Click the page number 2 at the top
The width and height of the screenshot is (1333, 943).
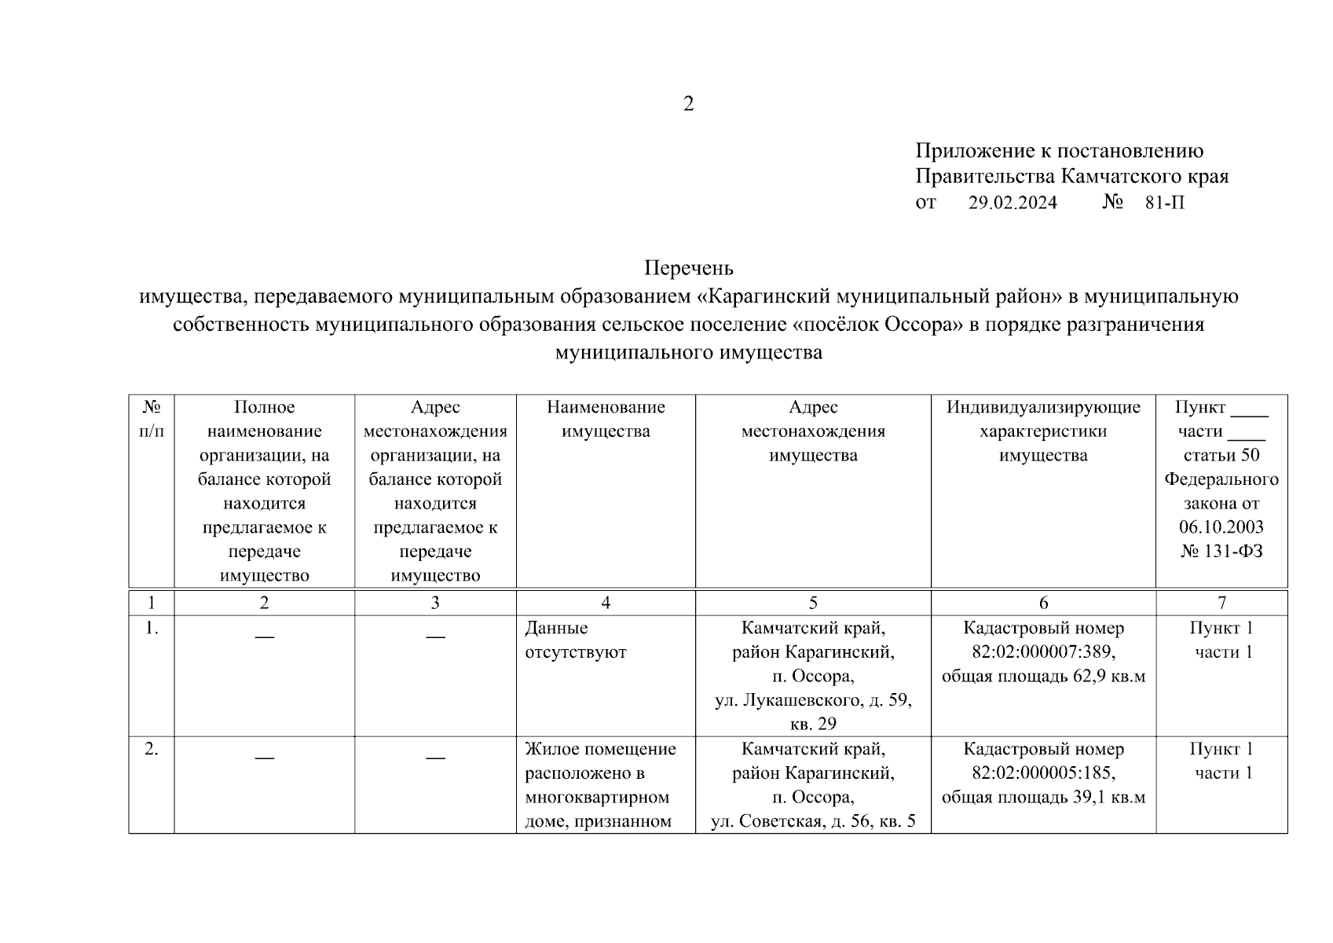(688, 105)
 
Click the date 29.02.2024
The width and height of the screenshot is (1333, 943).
(1013, 203)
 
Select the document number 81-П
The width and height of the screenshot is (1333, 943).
(1164, 203)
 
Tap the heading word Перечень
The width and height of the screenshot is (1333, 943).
(688, 269)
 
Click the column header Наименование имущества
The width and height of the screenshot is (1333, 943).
(605, 419)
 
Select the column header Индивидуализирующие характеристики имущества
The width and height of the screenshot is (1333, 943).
(1042, 431)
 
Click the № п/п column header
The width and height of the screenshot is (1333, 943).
(152, 419)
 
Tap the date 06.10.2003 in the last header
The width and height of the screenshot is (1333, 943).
(1221, 527)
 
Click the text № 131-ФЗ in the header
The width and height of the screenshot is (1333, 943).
(1221, 552)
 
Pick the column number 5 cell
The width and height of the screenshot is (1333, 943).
(812, 603)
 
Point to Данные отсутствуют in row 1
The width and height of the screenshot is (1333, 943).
(575, 640)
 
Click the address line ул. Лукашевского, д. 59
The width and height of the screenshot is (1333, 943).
(812, 700)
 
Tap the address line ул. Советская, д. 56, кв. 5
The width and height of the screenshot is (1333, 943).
(812, 822)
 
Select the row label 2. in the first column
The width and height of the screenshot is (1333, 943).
(152, 750)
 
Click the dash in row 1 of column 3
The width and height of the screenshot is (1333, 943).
(435, 637)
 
